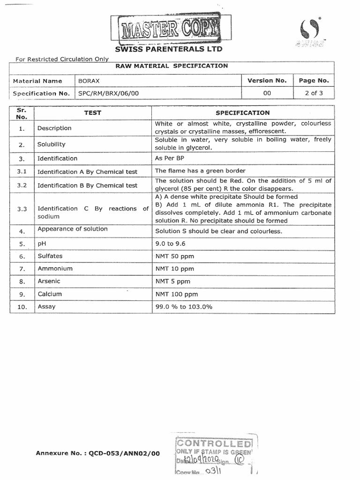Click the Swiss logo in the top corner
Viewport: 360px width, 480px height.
tap(308, 33)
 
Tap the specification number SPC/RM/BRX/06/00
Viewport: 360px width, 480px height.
tap(108, 93)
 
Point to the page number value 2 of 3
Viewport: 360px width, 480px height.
tap(314, 93)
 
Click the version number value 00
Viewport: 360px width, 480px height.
tap(267, 93)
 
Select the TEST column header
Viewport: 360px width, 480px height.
tap(92, 112)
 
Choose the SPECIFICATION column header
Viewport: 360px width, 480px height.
tap(242, 112)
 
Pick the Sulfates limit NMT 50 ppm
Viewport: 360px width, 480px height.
tap(174, 256)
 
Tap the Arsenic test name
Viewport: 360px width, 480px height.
tap(49, 281)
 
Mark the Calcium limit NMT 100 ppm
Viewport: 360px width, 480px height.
tap(176, 294)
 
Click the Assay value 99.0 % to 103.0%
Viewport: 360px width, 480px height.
tap(184, 307)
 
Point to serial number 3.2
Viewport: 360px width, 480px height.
tap(22, 185)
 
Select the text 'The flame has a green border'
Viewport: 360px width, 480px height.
tap(200, 171)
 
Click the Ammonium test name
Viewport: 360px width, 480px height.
tap(55, 269)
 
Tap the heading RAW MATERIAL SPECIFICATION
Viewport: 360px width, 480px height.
tap(172, 66)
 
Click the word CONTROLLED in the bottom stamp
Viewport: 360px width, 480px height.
tap(213, 443)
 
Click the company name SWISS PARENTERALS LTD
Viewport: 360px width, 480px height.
tap(169, 49)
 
